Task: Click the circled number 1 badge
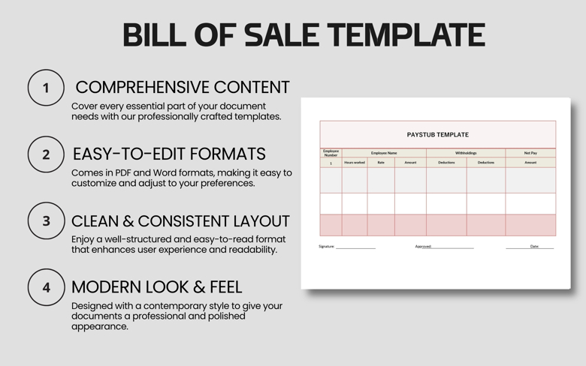coord(46,88)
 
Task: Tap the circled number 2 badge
coord(46,154)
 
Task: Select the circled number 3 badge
coord(46,221)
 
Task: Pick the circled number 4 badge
coord(46,287)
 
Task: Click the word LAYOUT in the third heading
coord(253,221)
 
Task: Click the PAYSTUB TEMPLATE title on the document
coord(437,135)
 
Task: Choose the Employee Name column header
coord(384,153)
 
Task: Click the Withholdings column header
coord(466,153)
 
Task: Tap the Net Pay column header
coord(530,153)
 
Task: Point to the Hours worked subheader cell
coord(355,162)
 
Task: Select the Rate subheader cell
coord(381,162)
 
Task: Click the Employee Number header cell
coord(331,153)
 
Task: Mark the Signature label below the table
coord(327,246)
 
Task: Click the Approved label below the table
coord(423,246)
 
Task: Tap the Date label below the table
coord(534,246)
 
